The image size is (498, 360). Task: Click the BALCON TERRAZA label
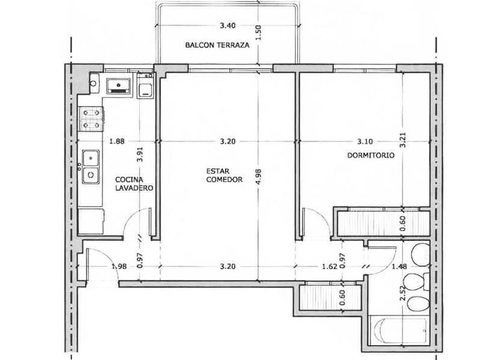217,45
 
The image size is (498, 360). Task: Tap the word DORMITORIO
370,155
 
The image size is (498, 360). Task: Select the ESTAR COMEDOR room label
224,175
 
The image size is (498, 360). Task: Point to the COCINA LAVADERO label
134,184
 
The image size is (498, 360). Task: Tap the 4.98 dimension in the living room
259,175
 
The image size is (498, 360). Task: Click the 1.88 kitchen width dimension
117,142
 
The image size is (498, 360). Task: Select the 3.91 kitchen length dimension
140,156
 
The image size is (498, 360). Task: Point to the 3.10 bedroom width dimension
364,142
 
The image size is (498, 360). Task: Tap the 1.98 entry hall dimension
118,267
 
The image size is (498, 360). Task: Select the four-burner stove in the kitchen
91,119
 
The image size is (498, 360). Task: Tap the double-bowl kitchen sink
91,166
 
